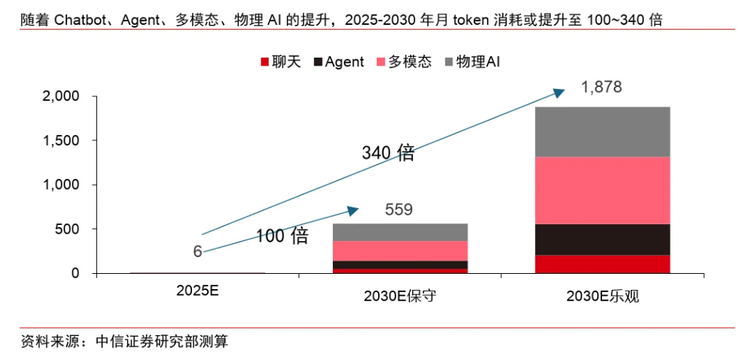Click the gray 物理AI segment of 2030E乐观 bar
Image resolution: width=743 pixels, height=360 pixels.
(x=602, y=131)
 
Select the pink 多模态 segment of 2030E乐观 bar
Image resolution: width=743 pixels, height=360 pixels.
(x=602, y=190)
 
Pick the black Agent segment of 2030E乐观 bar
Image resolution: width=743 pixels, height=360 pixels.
(x=602, y=240)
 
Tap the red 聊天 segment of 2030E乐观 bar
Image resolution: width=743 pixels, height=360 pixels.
(x=602, y=264)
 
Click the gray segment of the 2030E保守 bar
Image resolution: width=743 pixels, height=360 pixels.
(x=400, y=232)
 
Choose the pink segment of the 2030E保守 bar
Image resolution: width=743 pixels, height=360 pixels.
(x=400, y=250)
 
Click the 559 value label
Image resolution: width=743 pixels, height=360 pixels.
(x=399, y=210)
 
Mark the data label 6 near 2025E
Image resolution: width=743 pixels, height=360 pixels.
(x=197, y=252)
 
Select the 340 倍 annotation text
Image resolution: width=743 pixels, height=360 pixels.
(x=388, y=153)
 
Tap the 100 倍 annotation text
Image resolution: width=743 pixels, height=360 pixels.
(x=281, y=236)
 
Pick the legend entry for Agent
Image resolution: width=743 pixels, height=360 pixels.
(x=338, y=62)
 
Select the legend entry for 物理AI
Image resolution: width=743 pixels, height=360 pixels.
(x=471, y=62)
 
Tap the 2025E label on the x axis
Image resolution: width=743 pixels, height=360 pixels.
(x=198, y=290)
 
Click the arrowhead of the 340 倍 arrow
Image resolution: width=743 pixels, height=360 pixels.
(x=559, y=92)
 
